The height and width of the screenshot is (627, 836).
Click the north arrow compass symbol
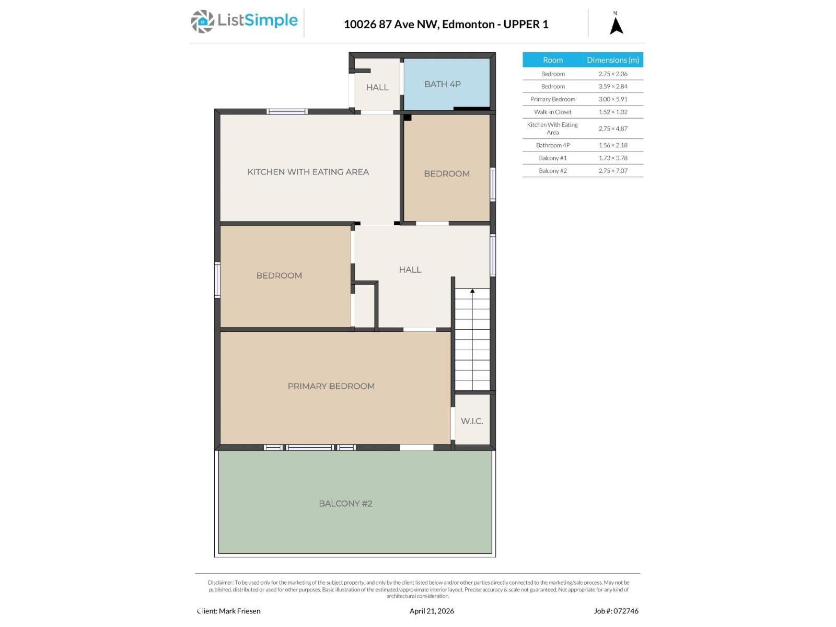coord(617,25)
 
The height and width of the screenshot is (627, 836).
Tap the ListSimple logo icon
coord(202,21)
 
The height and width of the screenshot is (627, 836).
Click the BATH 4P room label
coord(442,84)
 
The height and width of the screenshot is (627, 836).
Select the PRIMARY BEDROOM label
coord(331,386)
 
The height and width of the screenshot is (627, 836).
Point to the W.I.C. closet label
coord(472,421)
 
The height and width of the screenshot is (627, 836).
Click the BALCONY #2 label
coord(345,504)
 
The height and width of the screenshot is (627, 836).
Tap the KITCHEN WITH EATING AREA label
coord(308,172)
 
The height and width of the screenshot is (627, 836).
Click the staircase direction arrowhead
coord(472,291)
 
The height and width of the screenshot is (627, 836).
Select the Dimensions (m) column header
coord(613,60)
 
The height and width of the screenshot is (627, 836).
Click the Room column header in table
coord(552,60)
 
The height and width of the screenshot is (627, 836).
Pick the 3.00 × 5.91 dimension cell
coord(613,99)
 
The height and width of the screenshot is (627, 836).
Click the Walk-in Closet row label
coord(552,112)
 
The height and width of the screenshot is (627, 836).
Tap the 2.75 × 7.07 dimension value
coord(613,171)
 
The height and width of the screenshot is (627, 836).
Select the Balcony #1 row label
coord(552,158)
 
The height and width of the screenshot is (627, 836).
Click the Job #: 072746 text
coord(616,611)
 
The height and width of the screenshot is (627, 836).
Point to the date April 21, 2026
coord(432,611)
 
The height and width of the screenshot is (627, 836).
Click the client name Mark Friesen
coord(239,611)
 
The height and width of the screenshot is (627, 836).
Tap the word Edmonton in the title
coord(469,24)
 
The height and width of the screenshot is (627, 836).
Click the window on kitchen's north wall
coord(287,111)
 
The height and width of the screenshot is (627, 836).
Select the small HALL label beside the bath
coord(377,87)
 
